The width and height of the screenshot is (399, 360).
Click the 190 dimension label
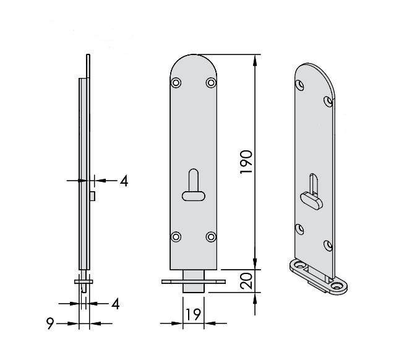(246, 162)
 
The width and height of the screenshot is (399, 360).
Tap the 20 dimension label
(247, 281)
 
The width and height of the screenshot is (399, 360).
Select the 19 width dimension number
(194, 314)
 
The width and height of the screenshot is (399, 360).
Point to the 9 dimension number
(50, 324)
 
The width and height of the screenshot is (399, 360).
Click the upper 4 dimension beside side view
(124, 181)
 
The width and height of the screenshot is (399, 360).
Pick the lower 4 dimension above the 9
(116, 304)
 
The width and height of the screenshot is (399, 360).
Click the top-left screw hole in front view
(176, 83)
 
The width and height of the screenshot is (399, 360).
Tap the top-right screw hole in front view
(211, 83)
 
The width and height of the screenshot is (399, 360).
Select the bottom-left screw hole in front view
(176, 237)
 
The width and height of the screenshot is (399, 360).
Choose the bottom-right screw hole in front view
(211, 237)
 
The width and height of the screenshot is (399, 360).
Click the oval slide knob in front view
(194, 196)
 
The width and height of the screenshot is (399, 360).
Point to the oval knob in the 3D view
(311, 201)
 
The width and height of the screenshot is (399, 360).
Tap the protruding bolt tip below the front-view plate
(194, 281)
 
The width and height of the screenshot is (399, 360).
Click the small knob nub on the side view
(92, 196)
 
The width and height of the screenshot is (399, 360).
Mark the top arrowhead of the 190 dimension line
(255, 59)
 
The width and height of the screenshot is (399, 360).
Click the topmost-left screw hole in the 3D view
(300, 85)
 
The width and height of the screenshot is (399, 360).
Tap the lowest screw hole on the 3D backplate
(328, 246)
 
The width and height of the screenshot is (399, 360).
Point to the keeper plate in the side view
(84, 281)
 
